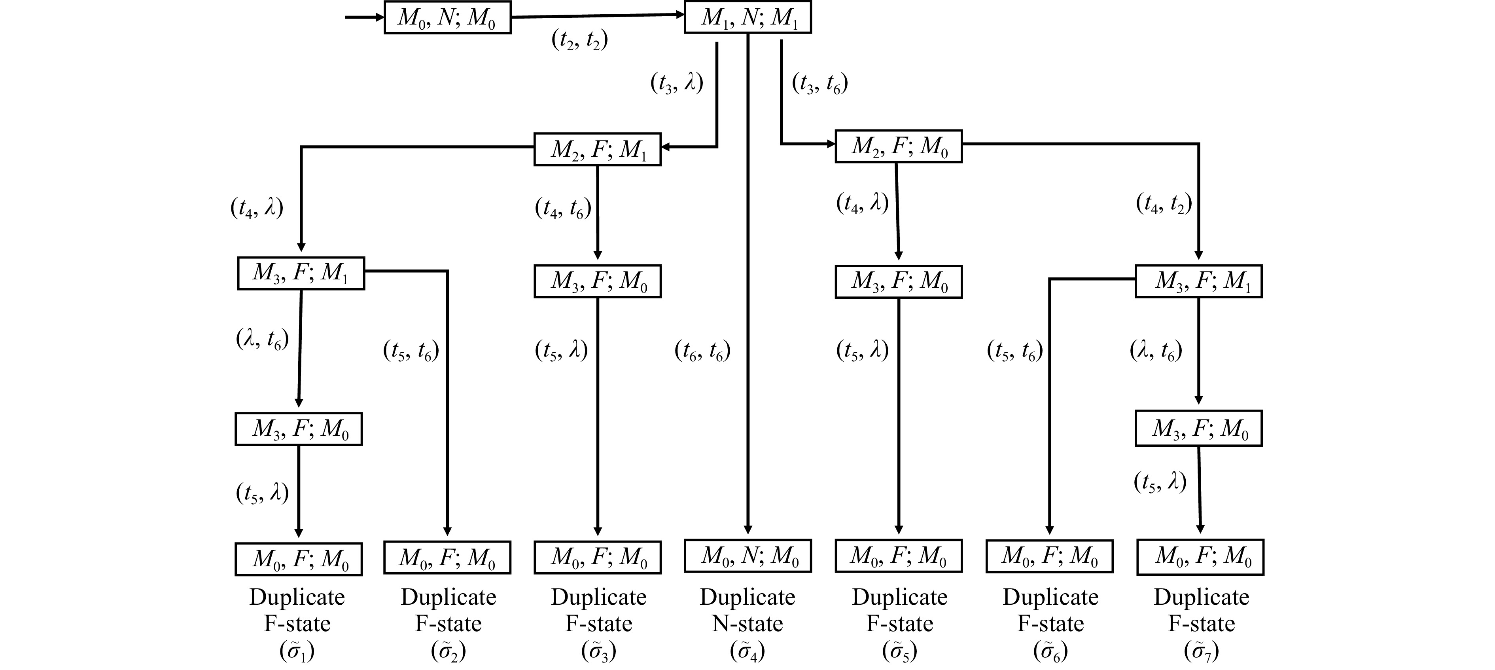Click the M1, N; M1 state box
click(747, 17)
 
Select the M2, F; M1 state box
click(597, 149)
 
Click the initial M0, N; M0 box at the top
click(447, 17)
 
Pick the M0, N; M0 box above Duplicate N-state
click(747, 556)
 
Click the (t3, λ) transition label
click(677, 83)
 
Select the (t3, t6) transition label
click(820, 84)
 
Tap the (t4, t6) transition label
click(563, 208)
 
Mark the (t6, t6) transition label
click(702, 351)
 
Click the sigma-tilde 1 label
click(297, 651)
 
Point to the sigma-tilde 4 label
click(747, 651)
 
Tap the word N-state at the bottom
click(747, 624)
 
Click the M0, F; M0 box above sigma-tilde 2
click(447, 557)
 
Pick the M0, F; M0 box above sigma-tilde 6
click(1049, 556)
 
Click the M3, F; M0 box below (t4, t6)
click(597, 281)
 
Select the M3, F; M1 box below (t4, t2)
click(1198, 281)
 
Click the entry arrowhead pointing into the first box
click(380, 17)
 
